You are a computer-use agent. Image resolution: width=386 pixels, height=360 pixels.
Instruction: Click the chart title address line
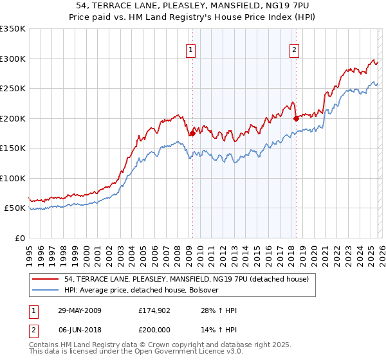[x=192, y=6]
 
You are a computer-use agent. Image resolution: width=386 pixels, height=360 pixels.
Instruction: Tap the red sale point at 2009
[x=192, y=134]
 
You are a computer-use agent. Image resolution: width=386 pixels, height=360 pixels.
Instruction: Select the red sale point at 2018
[x=296, y=118]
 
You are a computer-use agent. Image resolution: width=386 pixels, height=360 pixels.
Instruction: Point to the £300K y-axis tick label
[x=13, y=59]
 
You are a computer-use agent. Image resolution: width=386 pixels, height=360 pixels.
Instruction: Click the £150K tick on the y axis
[x=13, y=148]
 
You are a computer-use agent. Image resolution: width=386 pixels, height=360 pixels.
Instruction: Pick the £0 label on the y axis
[x=19, y=239]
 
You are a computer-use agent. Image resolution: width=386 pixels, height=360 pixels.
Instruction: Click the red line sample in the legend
[x=46, y=279]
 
